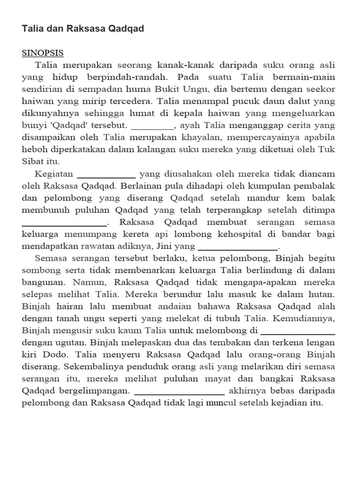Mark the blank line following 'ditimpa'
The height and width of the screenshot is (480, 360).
[65, 222]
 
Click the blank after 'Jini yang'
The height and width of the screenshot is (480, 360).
[239, 247]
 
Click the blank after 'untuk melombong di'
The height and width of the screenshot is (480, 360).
[298, 332]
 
